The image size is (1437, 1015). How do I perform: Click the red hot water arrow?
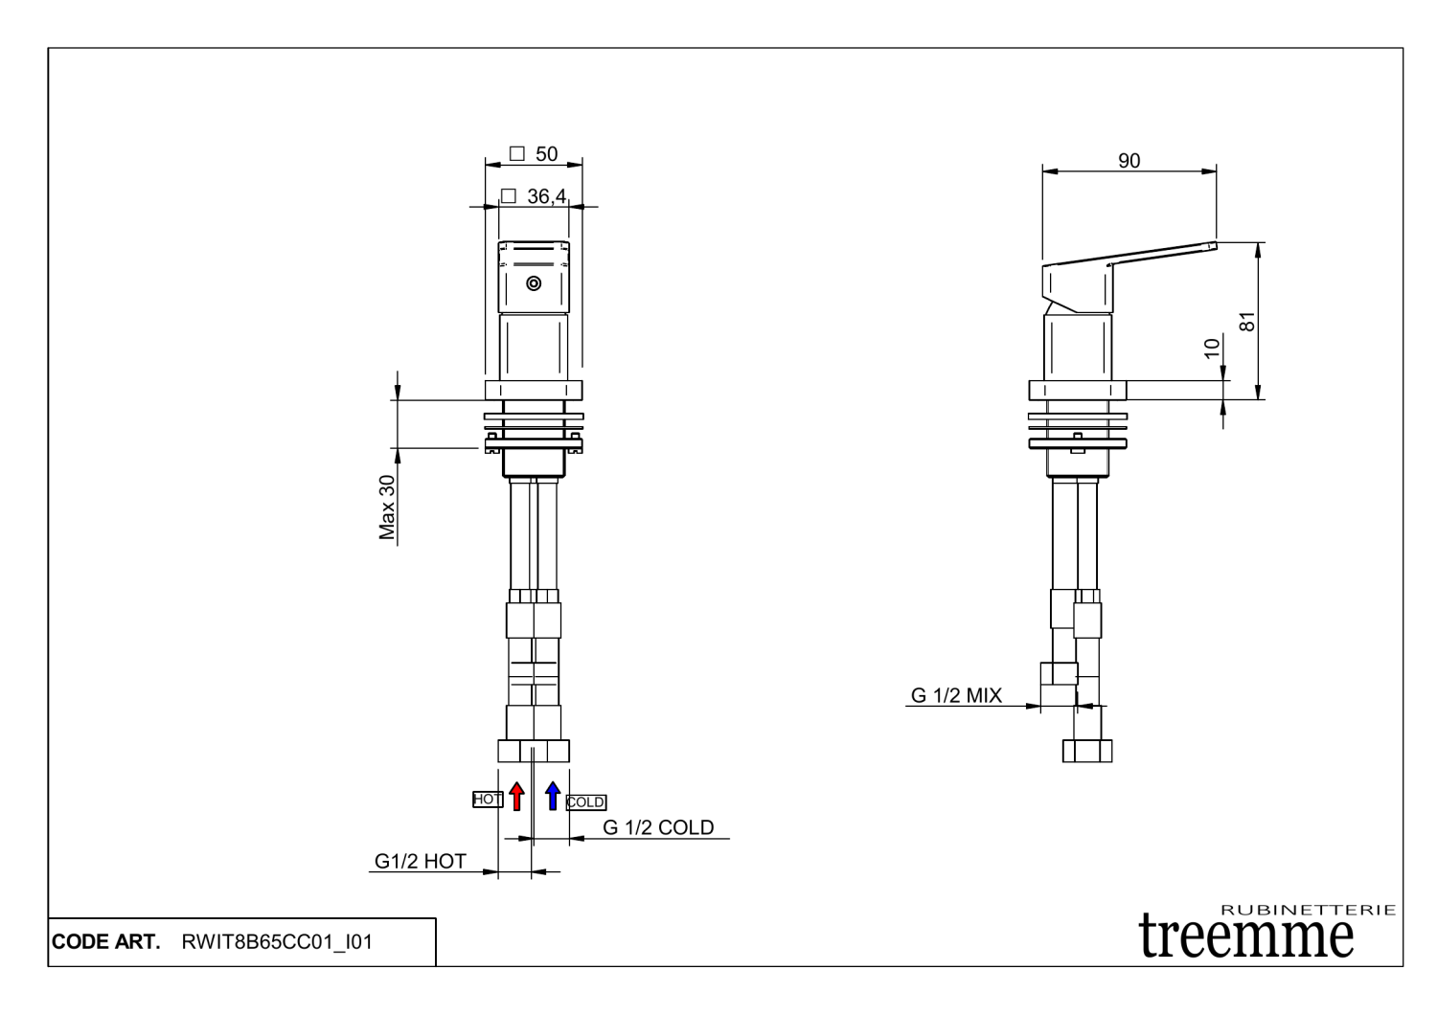pos(517,796)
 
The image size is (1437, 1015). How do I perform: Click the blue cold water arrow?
pos(553,796)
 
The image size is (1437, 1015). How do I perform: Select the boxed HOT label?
pos(488,799)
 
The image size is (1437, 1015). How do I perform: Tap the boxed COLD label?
pos(586,802)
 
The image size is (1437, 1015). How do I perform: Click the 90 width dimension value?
pos(1129,161)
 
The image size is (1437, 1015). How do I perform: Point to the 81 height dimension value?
pos(1246,321)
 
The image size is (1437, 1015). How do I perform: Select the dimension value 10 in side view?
pos(1212,347)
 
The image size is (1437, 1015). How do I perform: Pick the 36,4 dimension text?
pos(537,196)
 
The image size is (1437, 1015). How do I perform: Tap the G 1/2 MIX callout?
pos(955,696)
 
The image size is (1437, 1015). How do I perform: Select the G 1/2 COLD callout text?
pos(657,827)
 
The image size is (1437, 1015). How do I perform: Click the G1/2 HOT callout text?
pos(420,861)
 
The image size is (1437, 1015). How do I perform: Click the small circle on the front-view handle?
pos(534,283)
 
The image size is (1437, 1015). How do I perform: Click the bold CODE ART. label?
pos(106,942)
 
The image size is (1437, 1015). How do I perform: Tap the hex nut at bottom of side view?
pos(1087,750)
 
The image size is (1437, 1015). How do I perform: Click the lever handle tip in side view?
pos(1211,246)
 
